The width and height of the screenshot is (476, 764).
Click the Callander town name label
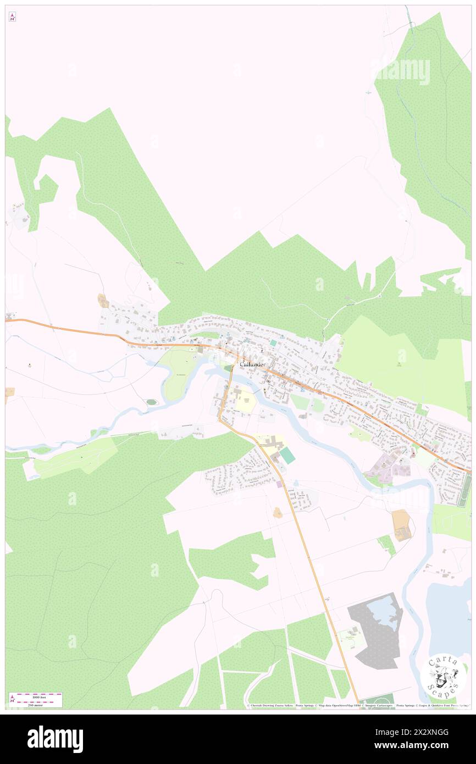252,365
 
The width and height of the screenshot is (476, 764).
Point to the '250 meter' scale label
36,705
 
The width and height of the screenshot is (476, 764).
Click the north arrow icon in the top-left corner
12,17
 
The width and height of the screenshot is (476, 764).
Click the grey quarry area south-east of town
374,638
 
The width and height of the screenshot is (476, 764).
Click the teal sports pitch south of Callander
287,456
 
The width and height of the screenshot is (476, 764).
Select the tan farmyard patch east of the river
402,525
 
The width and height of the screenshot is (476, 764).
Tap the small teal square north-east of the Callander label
273,342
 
